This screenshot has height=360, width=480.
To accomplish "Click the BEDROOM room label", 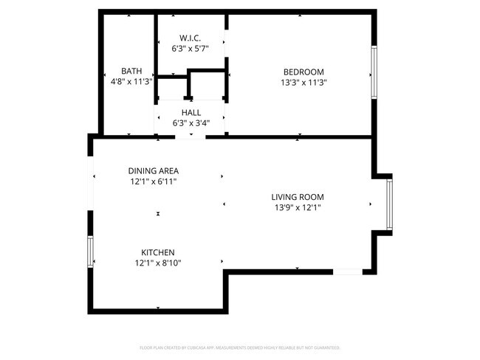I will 304,72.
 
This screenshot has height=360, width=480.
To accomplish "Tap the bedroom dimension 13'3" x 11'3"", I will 304,83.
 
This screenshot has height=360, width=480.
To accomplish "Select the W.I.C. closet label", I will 191,38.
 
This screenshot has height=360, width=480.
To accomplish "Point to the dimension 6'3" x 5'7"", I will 191,49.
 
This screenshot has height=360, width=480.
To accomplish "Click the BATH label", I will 131,71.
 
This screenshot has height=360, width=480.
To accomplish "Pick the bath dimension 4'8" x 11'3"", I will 131,83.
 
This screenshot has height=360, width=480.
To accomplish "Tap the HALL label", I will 191,112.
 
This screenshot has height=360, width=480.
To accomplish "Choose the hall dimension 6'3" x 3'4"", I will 191,124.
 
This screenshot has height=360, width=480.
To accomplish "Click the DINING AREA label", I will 153,170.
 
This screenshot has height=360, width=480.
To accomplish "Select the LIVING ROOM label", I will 298,197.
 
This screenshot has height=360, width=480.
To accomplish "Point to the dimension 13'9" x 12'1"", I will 298,208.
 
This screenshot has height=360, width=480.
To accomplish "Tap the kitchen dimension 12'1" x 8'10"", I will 158,263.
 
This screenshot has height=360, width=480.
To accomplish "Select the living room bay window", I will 388,204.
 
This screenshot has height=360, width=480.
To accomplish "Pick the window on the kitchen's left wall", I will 91,252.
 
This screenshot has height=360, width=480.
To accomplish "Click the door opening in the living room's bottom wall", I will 348,272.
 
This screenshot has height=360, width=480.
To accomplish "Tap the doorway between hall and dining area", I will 190,136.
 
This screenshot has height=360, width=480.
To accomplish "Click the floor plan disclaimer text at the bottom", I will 240,347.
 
